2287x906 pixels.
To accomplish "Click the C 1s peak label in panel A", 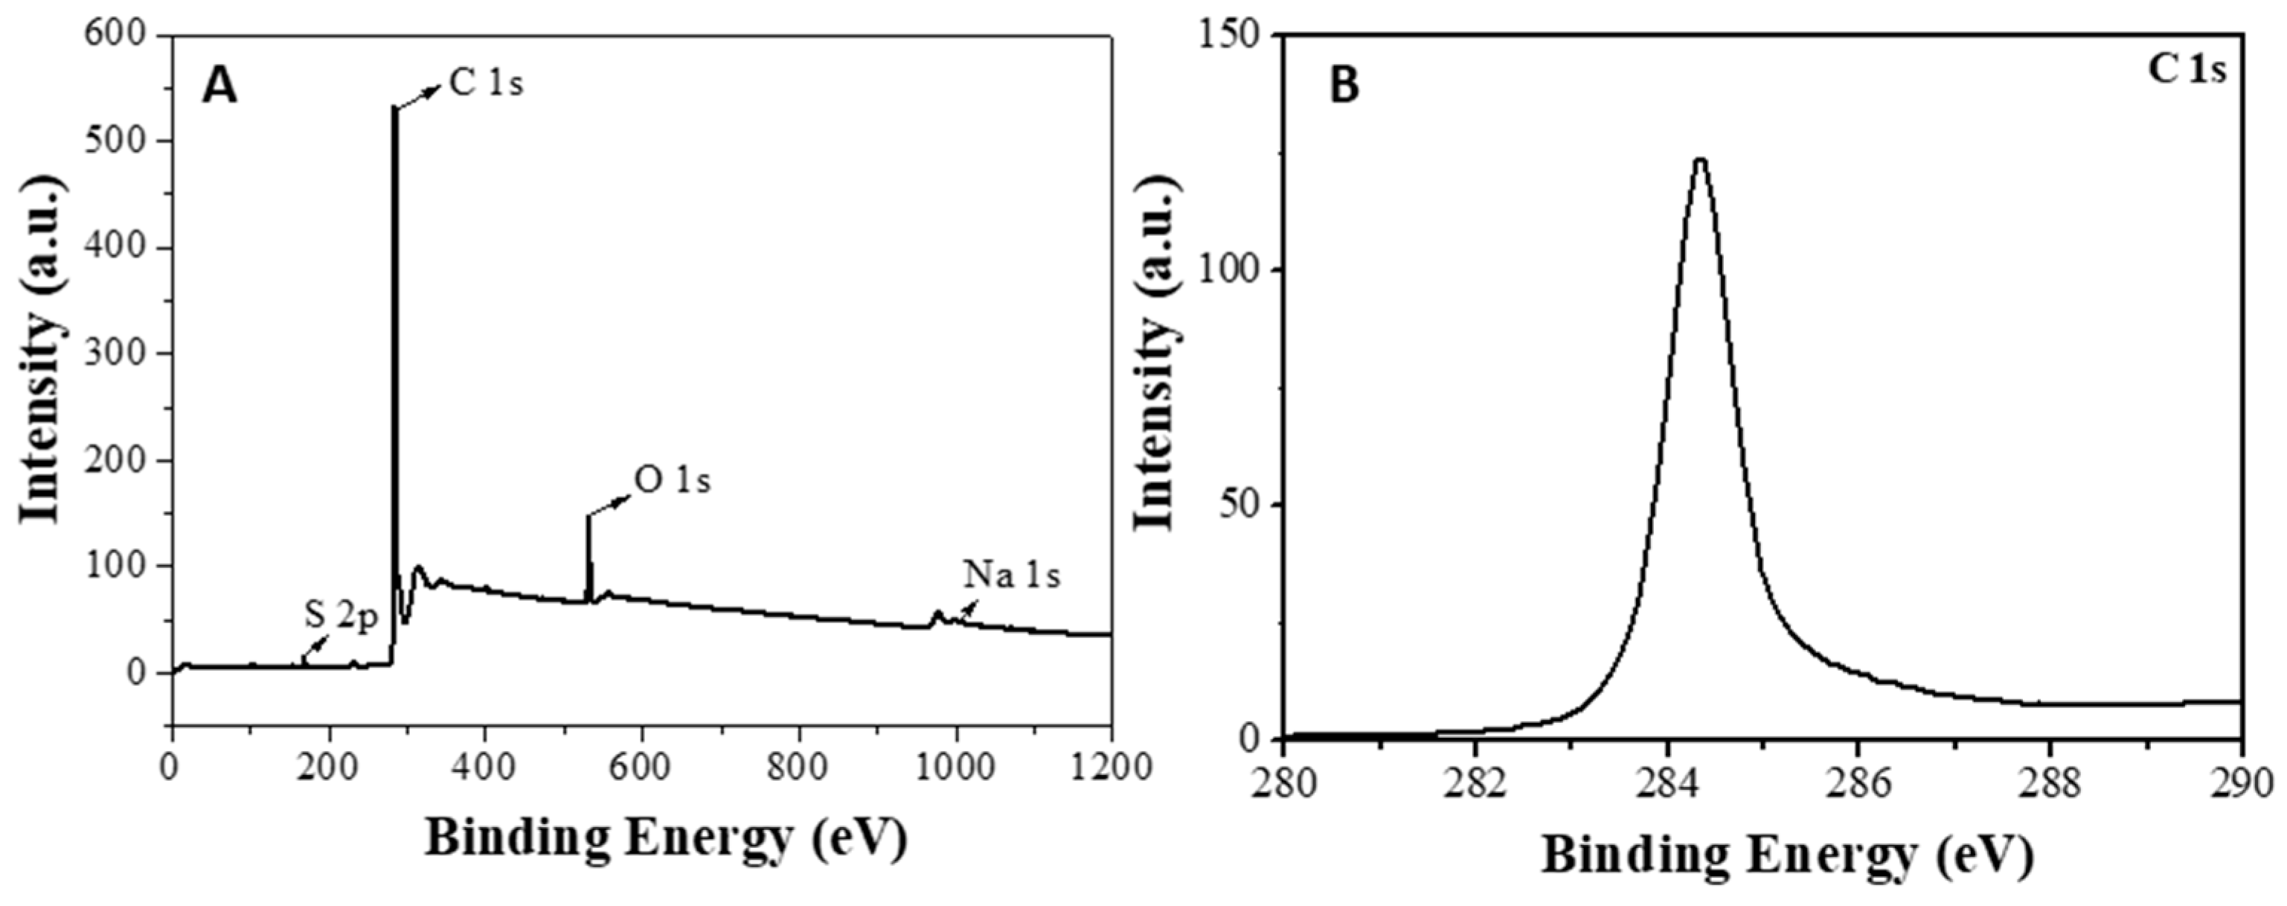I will pyautogui.click(x=486, y=83).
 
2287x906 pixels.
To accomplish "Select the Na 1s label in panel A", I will pyautogui.click(x=1012, y=575).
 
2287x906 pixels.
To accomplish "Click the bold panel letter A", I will pyautogui.click(x=219, y=87).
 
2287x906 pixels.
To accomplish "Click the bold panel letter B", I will pyautogui.click(x=1346, y=86).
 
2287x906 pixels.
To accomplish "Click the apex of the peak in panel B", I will pyautogui.click(x=1701, y=185).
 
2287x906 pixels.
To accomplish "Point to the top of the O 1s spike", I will pyautogui.click(x=588, y=516).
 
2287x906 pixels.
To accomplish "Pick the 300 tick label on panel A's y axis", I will pyautogui.click(x=115, y=354).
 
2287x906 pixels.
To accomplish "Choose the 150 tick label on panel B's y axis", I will pyautogui.click(x=1230, y=36).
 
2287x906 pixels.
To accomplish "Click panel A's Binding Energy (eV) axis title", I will pyautogui.click(x=666, y=838).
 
